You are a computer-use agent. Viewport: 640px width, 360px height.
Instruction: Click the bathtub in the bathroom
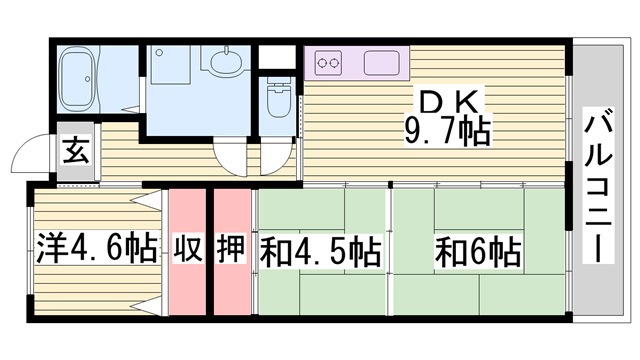pyautogui.click(x=78, y=79)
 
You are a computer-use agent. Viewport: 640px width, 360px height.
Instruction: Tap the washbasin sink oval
pyautogui.click(x=226, y=60)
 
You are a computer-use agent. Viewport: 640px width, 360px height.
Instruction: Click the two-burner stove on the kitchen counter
pyautogui.click(x=329, y=63)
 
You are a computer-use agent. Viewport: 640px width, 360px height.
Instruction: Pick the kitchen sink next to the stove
pyautogui.click(x=382, y=63)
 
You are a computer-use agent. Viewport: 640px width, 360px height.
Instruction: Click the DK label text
pyautogui.click(x=449, y=102)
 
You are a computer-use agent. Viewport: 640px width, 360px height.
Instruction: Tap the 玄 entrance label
pyautogui.click(x=76, y=151)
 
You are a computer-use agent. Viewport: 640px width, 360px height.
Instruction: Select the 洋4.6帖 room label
pyautogui.click(x=97, y=247)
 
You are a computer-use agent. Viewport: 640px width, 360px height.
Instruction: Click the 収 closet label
pyautogui.click(x=187, y=247)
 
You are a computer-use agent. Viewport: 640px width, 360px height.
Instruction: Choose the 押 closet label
pyautogui.click(x=231, y=247)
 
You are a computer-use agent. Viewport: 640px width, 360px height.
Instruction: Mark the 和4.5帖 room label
pyautogui.click(x=321, y=251)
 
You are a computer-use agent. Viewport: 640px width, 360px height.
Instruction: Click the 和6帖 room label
pyautogui.click(x=478, y=252)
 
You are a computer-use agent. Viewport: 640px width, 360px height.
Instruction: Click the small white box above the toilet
pyautogui.click(x=277, y=57)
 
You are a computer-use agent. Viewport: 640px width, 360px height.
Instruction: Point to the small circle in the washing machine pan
pyautogui.click(x=160, y=53)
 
